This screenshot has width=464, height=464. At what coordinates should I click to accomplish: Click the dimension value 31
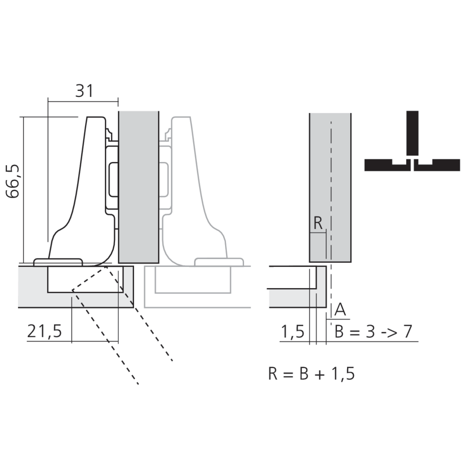84,91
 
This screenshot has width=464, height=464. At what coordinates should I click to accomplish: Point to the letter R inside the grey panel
318,223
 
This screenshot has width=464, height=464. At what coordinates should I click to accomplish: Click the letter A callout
340,309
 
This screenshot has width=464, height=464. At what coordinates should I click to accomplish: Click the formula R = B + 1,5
311,373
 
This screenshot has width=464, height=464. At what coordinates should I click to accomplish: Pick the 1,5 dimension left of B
292,332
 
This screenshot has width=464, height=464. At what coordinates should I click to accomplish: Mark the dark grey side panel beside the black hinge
139,186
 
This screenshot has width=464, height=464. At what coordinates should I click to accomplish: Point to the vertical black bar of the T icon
412,132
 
